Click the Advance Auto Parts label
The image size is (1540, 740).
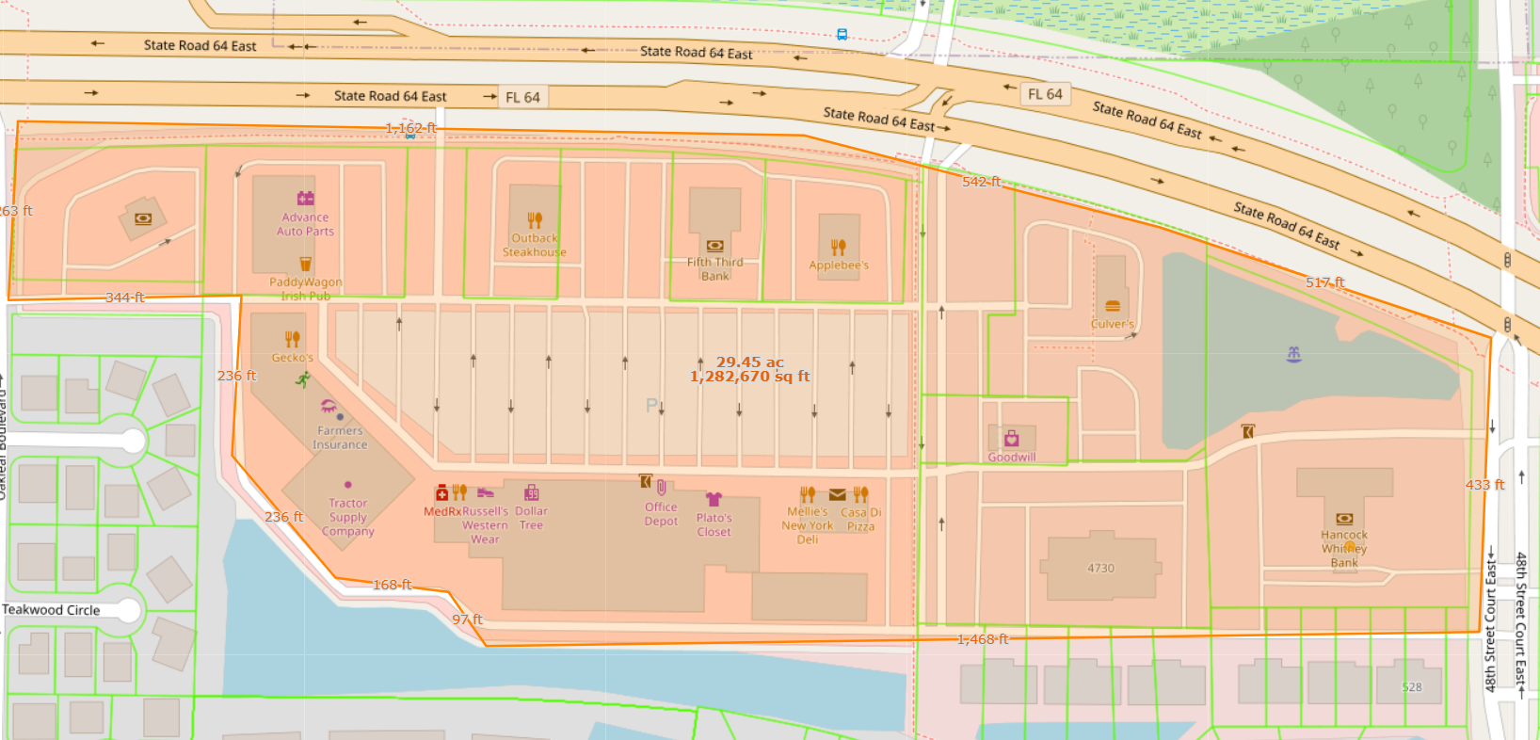(x=305, y=224)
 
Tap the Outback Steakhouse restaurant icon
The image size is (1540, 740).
(x=535, y=220)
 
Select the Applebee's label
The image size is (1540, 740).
(x=839, y=265)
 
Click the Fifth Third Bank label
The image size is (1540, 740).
(x=714, y=269)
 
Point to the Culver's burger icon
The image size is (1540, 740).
(x=1112, y=306)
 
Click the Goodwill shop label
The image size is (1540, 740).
(x=1012, y=458)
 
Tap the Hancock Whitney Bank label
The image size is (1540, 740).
(x=1344, y=549)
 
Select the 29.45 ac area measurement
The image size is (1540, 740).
(x=749, y=362)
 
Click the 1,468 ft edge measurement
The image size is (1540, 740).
(x=982, y=639)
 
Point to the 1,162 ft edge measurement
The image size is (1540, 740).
(x=410, y=128)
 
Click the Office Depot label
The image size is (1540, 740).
(x=661, y=514)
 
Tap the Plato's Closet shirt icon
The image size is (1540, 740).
(x=714, y=499)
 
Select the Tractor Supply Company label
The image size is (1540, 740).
(x=347, y=518)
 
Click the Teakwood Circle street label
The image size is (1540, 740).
(x=51, y=610)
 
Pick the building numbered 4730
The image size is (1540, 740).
(x=1100, y=568)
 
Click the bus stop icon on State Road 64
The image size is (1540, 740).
(x=842, y=35)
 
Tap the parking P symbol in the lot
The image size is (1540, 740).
(x=650, y=406)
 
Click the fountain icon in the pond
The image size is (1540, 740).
(x=1293, y=354)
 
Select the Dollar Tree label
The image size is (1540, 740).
(x=531, y=518)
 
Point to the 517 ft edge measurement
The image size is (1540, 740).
(x=1324, y=282)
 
